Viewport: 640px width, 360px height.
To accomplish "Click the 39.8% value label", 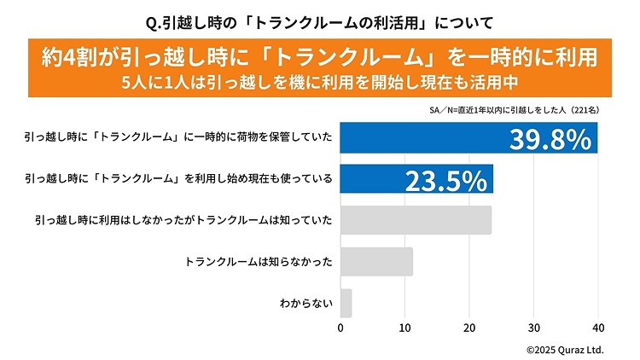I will pyautogui.click(x=550, y=139).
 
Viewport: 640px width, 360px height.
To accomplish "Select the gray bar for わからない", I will pyautogui.click(x=346, y=303).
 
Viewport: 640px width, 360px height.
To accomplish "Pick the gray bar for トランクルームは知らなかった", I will pyautogui.click(x=376, y=262).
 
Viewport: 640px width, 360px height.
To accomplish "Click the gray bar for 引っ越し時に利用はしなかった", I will pyautogui.click(x=416, y=220).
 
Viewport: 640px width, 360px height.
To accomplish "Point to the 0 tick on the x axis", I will pyautogui.click(x=340, y=328).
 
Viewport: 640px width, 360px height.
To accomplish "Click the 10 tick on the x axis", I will pyautogui.click(x=405, y=328).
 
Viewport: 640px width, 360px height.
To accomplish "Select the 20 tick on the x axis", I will pyautogui.click(x=469, y=328).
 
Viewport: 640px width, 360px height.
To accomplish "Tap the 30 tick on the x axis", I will pyautogui.click(x=534, y=328).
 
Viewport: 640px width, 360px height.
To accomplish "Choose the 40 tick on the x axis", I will pyautogui.click(x=597, y=328).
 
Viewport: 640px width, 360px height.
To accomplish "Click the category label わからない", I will pyautogui.click(x=305, y=303).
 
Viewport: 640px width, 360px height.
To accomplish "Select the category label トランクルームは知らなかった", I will pyautogui.click(x=259, y=262).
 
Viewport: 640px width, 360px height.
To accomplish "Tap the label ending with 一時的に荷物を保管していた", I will pyautogui.click(x=178, y=138).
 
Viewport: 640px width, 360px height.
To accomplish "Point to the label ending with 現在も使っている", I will pyautogui.click(x=178, y=179).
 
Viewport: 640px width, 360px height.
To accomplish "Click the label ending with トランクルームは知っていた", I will pyautogui.click(x=183, y=220).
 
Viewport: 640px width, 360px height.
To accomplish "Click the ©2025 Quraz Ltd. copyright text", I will pyautogui.click(x=565, y=349).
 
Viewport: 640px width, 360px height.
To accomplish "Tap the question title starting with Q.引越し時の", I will pyautogui.click(x=320, y=18).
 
